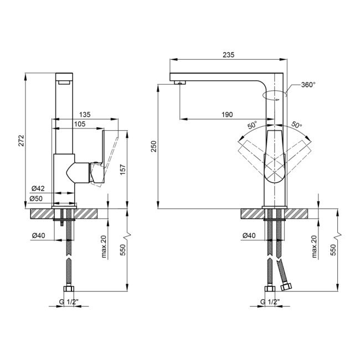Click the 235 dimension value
[229, 54]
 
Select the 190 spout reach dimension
[227, 114]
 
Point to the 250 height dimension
[155, 146]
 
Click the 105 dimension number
[79, 124]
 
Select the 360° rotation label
[308, 85]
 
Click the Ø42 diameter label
[38, 188]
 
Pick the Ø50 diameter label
[38, 198]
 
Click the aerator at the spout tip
[179, 83]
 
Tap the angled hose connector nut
[286, 286]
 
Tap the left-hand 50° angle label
[253, 126]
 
